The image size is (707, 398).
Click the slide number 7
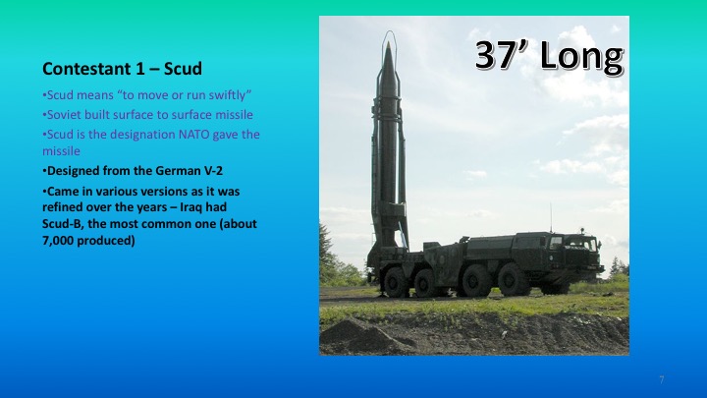662,379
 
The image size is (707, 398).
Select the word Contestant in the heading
82,70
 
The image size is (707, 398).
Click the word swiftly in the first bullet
231,95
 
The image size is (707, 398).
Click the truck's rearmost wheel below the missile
396,283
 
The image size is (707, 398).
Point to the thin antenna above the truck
550,218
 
